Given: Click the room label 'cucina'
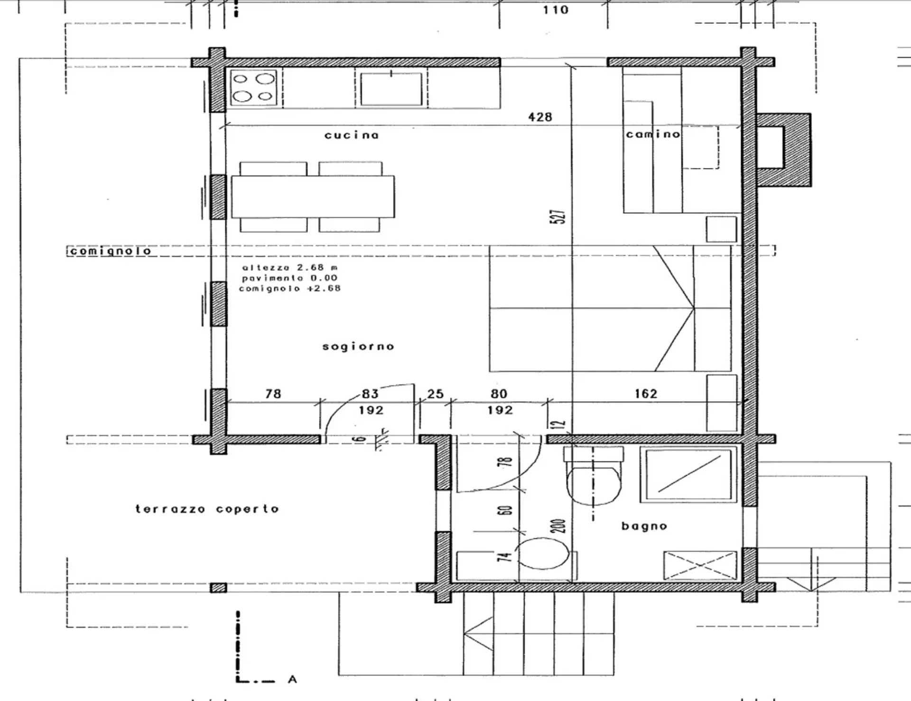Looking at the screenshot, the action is (x=352, y=135).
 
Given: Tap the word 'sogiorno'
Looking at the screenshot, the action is (x=358, y=346).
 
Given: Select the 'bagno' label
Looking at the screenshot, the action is (x=644, y=526).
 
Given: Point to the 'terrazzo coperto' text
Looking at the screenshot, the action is (x=207, y=509).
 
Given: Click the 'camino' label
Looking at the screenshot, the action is (x=653, y=134).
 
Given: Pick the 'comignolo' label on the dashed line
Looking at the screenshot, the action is (x=110, y=251).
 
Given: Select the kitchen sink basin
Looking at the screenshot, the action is (x=391, y=88).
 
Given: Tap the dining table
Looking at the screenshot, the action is (x=313, y=196).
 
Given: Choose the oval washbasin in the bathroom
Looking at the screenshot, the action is (x=542, y=553).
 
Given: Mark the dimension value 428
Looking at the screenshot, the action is (x=540, y=117).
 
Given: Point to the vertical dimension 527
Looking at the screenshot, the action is (x=559, y=216).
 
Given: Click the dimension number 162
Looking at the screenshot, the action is (x=646, y=393).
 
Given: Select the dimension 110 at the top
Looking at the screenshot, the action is (x=556, y=9).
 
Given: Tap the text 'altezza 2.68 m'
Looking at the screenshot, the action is (x=290, y=268).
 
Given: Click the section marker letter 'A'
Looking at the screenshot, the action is (x=292, y=680).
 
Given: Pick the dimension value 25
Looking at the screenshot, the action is (x=435, y=393).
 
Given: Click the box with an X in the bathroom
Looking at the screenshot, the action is (x=700, y=565).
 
